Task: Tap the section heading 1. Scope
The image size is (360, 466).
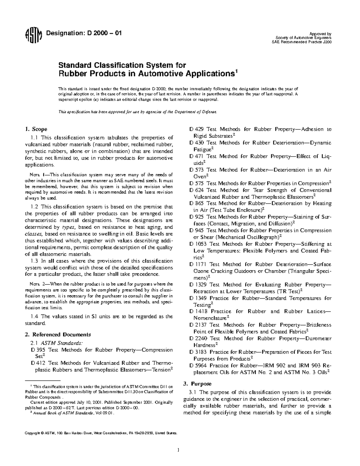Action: pyautogui.click(x=36, y=129)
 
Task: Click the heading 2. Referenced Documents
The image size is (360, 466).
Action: pyautogui.click(x=58, y=335)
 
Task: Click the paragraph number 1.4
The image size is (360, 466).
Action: pyautogui.click(x=35, y=316)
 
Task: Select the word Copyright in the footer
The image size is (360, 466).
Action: pyautogui.click(x=31, y=433)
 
